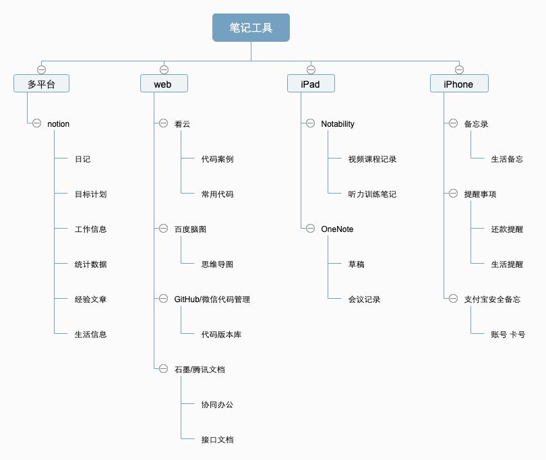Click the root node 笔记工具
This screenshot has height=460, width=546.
(x=251, y=28)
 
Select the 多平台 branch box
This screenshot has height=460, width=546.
(x=41, y=84)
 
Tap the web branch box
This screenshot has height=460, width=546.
(x=164, y=84)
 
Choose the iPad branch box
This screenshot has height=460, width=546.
(x=310, y=84)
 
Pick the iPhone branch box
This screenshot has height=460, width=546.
(x=458, y=84)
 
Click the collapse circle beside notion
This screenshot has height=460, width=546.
(x=36, y=123)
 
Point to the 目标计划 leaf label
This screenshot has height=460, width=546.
(x=90, y=194)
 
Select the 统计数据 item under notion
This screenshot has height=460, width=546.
(x=90, y=264)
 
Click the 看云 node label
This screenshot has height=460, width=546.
(x=182, y=124)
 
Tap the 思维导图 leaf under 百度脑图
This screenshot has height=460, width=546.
(x=217, y=264)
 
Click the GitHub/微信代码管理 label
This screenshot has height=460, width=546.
(x=212, y=299)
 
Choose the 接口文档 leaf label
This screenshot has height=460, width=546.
(x=217, y=440)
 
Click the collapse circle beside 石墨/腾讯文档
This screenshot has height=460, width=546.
(x=163, y=369)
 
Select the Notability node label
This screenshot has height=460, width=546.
(x=337, y=124)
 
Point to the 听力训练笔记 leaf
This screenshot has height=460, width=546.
(x=372, y=194)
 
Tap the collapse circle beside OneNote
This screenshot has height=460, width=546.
(x=310, y=229)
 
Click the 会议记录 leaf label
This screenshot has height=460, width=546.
(x=364, y=299)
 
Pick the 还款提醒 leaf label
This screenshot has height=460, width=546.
(x=507, y=229)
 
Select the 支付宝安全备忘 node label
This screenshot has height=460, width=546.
(x=492, y=299)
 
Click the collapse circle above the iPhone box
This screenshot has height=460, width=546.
(x=459, y=69)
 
